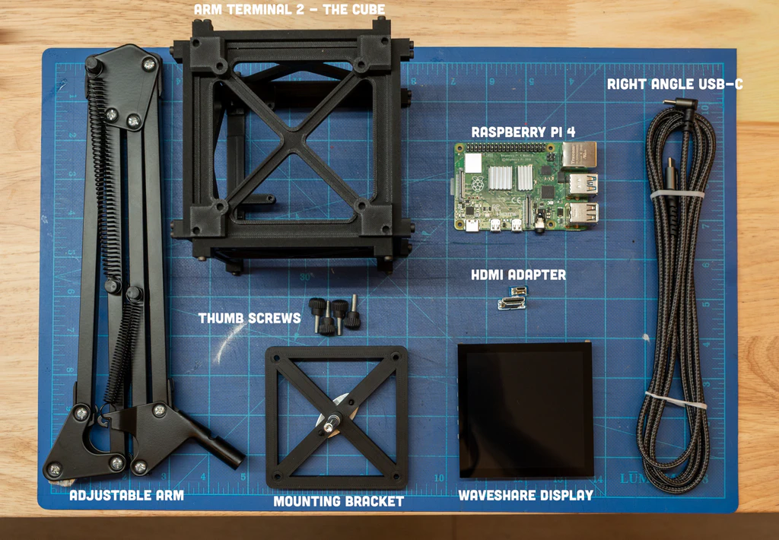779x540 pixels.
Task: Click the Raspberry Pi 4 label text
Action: coord(523,131)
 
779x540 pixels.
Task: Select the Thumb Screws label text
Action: coord(250,318)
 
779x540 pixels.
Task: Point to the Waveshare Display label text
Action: coord(525,495)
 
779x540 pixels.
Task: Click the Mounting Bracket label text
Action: coord(339,501)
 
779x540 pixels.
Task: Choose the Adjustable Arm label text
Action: coord(126,496)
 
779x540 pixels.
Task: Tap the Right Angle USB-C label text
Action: coord(674,84)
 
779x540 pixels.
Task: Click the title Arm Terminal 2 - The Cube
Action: coord(290,10)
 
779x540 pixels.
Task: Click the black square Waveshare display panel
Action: coord(524,411)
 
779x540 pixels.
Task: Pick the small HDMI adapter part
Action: coord(513,299)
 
